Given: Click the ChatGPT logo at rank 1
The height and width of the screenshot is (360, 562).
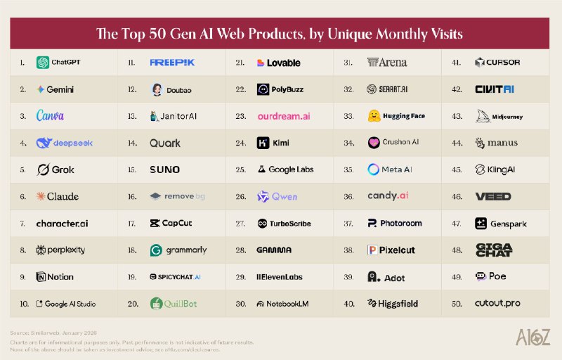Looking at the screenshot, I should [x=43, y=63].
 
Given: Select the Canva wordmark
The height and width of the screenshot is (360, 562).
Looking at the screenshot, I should [x=51, y=116].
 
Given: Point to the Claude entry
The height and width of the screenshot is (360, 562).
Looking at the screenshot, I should [x=58, y=196].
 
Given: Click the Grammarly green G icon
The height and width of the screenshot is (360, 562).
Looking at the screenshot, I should [x=156, y=250].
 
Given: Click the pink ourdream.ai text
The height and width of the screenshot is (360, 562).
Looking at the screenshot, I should [x=283, y=116].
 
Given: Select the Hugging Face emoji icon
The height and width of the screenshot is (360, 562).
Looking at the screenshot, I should [x=374, y=116].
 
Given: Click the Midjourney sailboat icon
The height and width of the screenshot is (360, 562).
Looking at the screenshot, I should [x=482, y=116].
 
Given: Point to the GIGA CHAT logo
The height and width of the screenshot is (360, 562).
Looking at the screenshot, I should [x=495, y=250].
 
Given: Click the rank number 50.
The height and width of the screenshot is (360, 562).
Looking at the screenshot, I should [x=457, y=304].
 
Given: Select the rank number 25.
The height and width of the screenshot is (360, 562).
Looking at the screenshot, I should [x=240, y=169].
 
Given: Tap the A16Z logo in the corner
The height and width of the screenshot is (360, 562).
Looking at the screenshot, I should [x=534, y=337].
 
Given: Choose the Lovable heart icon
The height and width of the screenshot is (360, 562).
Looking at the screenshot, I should [x=261, y=63].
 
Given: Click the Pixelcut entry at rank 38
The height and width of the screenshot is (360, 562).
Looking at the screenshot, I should [x=394, y=250].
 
